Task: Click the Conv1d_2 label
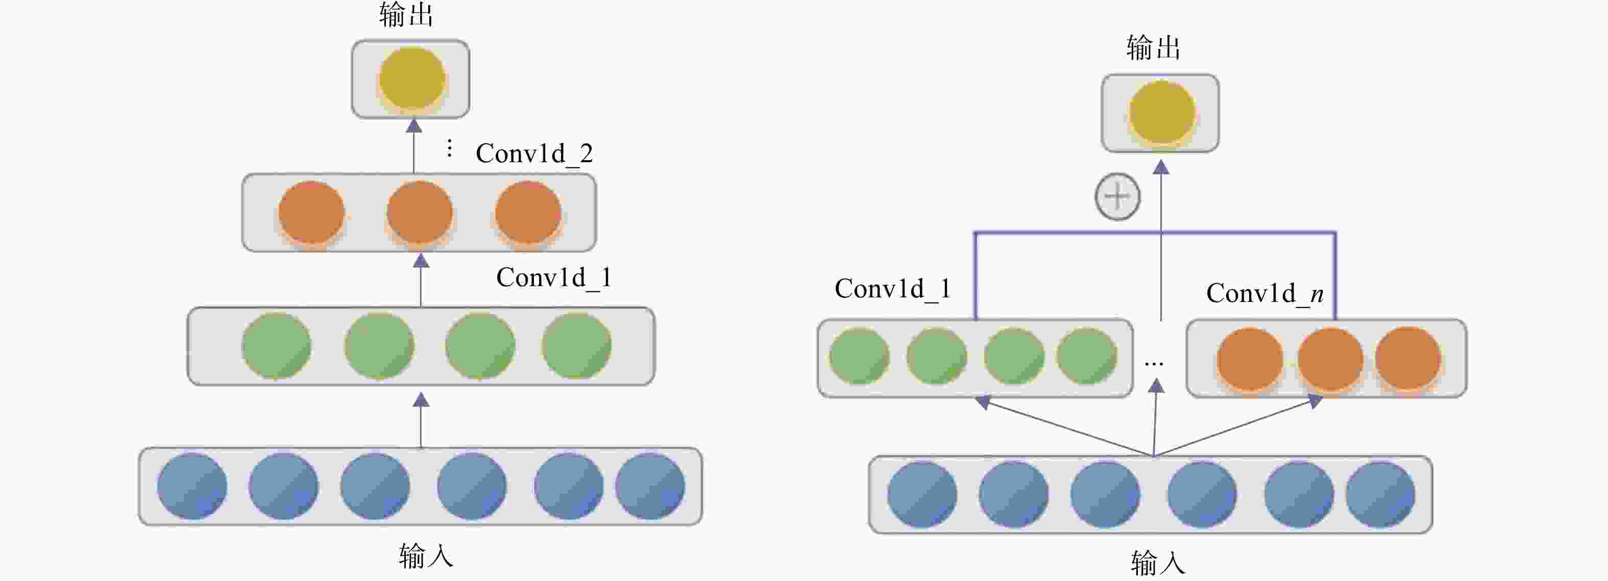534,154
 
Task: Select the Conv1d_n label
1264,293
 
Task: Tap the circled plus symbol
1117,196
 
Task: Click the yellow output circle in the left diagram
412,79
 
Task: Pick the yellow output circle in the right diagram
1162,113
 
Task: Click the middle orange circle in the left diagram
420,212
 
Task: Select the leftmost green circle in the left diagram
277,346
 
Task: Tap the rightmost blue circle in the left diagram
650,486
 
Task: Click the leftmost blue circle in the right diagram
922,494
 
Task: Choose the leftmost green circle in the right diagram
860,357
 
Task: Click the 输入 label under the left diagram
426,555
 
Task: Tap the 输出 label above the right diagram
1154,47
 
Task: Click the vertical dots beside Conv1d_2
449,148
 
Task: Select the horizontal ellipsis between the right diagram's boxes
1154,364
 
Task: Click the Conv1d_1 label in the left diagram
554,277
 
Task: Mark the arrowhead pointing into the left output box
414,125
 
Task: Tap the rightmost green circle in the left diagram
576,346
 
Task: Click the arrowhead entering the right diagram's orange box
1314,401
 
